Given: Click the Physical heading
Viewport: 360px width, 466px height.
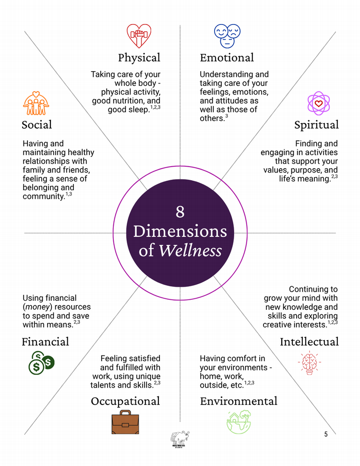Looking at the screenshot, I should (x=139, y=58).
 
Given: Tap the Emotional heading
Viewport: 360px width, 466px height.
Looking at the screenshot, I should (x=227, y=58).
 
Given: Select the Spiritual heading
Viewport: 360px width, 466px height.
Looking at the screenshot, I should (x=316, y=125).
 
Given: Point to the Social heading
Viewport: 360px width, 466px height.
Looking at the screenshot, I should (x=36, y=125).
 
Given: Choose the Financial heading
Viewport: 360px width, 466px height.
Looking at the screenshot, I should (x=45, y=342).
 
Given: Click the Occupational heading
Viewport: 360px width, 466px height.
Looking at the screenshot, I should (x=125, y=401).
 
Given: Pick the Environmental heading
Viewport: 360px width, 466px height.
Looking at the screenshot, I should (x=239, y=401).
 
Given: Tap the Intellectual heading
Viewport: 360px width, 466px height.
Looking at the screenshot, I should (x=309, y=342).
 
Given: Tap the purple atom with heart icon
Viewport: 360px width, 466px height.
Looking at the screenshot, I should (x=319, y=103).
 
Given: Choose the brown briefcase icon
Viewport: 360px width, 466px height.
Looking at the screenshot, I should (x=125, y=422).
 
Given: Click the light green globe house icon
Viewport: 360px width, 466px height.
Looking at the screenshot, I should (x=239, y=422).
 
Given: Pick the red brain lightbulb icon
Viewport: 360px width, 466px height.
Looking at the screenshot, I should (x=309, y=363).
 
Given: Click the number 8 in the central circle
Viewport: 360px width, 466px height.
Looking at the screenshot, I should (x=180, y=212).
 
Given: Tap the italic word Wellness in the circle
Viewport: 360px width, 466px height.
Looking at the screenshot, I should (x=191, y=250).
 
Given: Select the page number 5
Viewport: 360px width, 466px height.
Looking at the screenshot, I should (x=326, y=434).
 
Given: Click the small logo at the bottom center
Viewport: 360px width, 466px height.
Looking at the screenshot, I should (x=180, y=439).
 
